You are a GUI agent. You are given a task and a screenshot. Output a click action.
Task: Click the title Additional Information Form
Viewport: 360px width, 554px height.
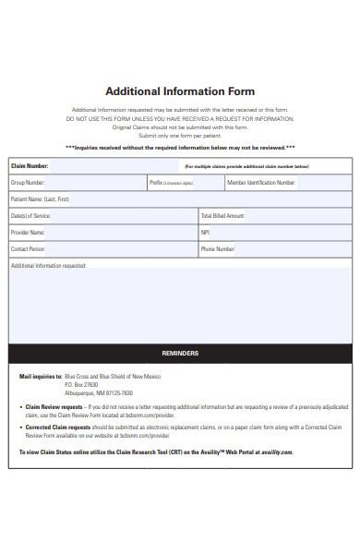180,92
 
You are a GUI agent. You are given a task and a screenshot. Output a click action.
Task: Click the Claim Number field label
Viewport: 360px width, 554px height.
30,166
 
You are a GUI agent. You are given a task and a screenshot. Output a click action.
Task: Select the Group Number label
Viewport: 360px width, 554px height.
29,183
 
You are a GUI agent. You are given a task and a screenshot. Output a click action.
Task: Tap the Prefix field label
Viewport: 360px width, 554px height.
156,183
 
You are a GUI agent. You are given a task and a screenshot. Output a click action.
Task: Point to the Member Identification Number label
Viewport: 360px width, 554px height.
261,183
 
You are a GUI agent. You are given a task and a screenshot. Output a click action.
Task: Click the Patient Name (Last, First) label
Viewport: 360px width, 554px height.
40,199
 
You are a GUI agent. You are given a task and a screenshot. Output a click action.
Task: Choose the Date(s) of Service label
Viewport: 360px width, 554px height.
29,216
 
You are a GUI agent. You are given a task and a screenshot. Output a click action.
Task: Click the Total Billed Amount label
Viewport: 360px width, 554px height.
222,216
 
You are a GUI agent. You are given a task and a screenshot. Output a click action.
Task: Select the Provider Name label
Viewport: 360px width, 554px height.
28,233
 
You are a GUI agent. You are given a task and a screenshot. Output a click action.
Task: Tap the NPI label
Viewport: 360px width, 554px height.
206,233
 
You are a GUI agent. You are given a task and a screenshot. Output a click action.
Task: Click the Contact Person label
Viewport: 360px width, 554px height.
29,249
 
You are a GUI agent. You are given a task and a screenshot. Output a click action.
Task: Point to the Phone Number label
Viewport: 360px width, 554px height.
218,249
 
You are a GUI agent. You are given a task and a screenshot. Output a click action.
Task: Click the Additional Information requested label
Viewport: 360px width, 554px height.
48,266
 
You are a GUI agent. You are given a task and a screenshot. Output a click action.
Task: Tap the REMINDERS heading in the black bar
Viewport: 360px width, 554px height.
180,354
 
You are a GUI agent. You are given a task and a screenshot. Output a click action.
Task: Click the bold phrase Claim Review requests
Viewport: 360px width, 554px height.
54,406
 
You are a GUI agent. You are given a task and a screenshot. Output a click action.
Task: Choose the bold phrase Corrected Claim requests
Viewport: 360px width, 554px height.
57,428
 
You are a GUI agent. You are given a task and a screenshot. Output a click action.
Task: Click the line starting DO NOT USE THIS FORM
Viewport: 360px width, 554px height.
180,119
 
